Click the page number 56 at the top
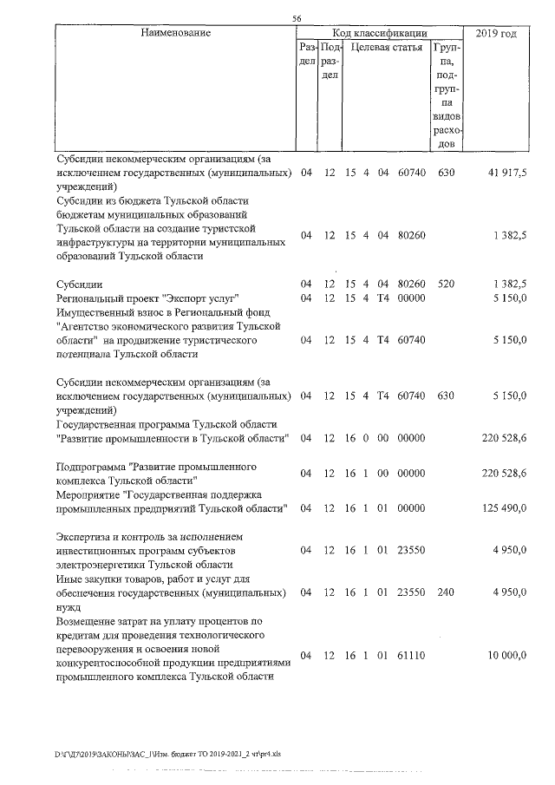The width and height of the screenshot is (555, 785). (x=297, y=18)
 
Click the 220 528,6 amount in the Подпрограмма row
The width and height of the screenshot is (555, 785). (x=504, y=472)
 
